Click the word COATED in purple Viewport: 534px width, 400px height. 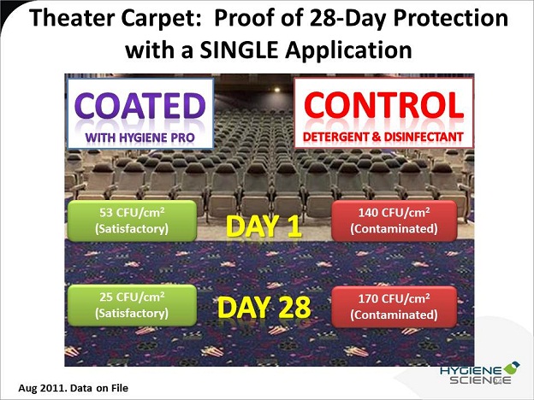pos(140,105)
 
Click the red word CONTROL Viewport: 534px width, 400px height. pos(383,104)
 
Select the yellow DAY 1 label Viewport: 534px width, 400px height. pos(264,226)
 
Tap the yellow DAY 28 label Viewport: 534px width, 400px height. pos(264,307)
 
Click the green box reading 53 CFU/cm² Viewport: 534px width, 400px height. pos(132,221)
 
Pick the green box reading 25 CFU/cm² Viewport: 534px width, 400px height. pos(132,305)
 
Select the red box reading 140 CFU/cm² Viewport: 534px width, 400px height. pos(394,221)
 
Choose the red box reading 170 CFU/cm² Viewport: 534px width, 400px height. pos(394,307)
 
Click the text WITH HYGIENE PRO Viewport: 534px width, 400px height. pos(140,138)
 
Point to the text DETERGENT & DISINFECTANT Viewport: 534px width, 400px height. pos(383,137)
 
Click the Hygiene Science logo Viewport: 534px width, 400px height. pos(479,374)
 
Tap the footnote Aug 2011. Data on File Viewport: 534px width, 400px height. pos(74,388)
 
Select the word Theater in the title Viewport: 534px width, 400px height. pos(73,18)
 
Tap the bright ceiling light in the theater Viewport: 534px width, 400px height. pos(277,90)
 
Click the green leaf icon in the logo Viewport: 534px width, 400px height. pos(511,368)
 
